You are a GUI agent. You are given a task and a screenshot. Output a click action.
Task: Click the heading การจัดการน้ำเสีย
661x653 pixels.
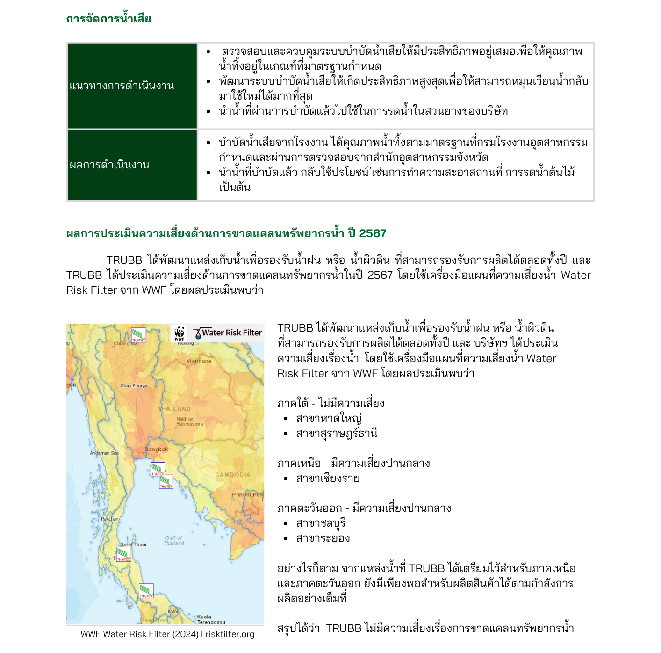coord(108,19)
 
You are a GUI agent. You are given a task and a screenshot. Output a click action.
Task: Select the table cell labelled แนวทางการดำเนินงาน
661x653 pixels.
coord(122,86)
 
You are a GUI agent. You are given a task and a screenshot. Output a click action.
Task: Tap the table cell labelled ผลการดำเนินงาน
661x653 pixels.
coord(109,165)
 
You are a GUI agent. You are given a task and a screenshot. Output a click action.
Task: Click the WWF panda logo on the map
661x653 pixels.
coord(180,333)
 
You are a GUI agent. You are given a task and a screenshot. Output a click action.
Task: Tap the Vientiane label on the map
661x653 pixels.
coord(199,361)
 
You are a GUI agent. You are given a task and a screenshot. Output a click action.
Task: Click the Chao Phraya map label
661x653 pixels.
coord(134,386)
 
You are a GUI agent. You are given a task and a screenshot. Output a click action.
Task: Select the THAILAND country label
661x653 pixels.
coord(175,409)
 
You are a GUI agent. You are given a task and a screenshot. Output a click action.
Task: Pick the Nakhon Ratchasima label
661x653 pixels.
coord(189,421)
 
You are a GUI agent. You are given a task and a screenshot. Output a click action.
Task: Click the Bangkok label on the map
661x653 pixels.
coord(156,450)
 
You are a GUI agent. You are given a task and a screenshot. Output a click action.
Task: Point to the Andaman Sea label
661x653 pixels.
coord(104,453)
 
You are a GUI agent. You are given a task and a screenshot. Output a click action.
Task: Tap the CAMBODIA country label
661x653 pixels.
coord(233,474)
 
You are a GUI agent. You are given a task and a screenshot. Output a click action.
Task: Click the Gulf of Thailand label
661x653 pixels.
coord(174,541)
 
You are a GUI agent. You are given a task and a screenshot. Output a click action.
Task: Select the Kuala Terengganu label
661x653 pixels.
coord(211,619)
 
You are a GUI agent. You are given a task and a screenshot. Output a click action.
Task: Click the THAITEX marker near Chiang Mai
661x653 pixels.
coord(138,335)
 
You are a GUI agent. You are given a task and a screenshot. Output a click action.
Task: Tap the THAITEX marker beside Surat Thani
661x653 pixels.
coord(123,554)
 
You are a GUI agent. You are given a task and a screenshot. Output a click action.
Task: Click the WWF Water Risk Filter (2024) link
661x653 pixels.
coord(139,634)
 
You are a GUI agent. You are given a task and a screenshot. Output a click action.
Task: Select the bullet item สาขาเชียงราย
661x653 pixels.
coord(328,479)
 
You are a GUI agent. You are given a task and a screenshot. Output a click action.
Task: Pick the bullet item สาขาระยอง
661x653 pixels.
coord(323,538)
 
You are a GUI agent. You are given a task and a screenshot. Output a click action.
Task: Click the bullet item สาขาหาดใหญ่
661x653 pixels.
coord(329,418)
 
